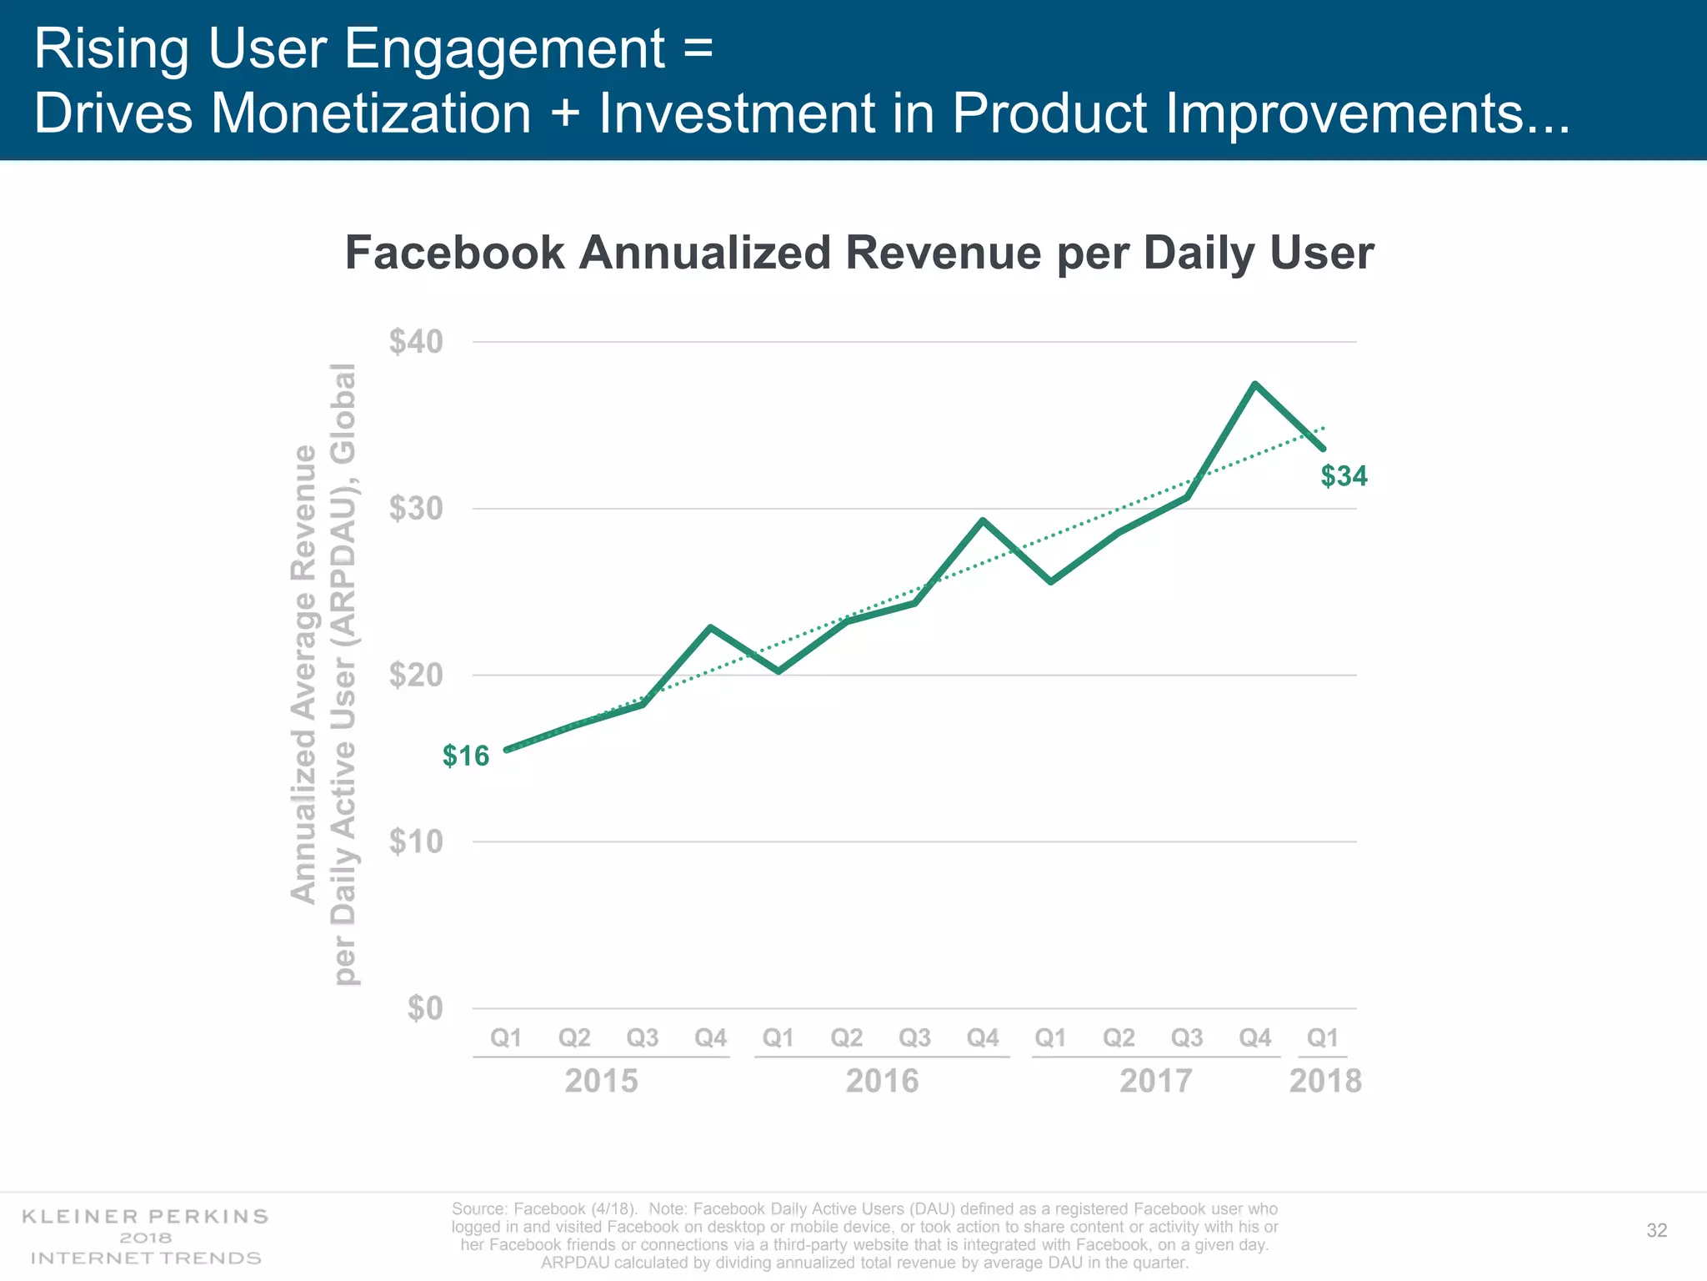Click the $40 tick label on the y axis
click(x=416, y=342)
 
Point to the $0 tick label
click(x=425, y=1008)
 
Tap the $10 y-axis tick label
click(x=416, y=842)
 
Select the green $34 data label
click(x=1344, y=476)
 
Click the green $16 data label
click(x=466, y=756)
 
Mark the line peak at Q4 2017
click(x=1254, y=384)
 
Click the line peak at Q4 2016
click(x=983, y=520)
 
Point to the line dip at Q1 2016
click(x=778, y=671)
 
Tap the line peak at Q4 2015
click(x=710, y=627)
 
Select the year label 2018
click(x=1324, y=1081)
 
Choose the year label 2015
click(x=601, y=1081)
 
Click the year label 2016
click(x=882, y=1081)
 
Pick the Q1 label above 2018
click(x=1323, y=1037)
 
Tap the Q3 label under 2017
click(x=1187, y=1037)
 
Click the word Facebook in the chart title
click(x=454, y=253)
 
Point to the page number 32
click(x=1656, y=1231)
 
